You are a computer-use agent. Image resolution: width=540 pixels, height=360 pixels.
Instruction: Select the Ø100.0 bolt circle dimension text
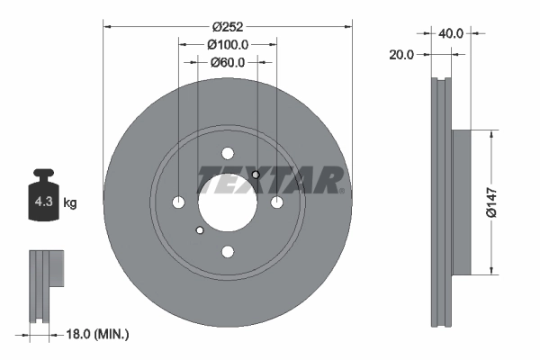pyautogui.click(x=227, y=44)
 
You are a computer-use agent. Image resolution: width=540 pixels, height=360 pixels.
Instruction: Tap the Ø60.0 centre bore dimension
pyautogui.click(x=228, y=62)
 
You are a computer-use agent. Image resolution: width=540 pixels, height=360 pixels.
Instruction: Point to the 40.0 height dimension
pyautogui.click(x=450, y=33)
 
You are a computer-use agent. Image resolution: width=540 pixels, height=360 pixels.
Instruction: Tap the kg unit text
pyautogui.click(x=70, y=203)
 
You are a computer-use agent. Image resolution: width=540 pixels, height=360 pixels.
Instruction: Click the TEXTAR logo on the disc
pyautogui.click(x=270, y=180)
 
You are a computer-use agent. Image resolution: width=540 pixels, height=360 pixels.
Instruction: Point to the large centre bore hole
pyautogui.click(x=227, y=202)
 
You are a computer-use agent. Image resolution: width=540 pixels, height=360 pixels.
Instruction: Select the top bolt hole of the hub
pyautogui.click(x=227, y=153)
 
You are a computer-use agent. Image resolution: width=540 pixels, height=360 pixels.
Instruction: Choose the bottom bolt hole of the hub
pyautogui.click(x=227, y=251)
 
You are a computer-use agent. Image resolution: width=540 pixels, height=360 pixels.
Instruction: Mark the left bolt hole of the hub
pyautogui.click(x=178, y=202)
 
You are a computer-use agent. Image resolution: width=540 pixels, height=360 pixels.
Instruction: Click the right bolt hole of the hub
pyautogui.click(x=276, y=202)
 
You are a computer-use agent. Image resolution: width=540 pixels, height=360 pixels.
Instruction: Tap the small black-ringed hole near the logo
pyautogui.click(x=256, y=175)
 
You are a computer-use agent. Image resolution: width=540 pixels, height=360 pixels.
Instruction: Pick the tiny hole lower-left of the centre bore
pyautogui.click(x=198, y=230)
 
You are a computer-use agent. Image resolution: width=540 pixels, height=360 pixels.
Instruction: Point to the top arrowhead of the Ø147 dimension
pyautogui.click(x=491, y=134)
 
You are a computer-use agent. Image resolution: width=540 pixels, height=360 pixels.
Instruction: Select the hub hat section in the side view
pyautogui.click(x=459, y=202)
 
